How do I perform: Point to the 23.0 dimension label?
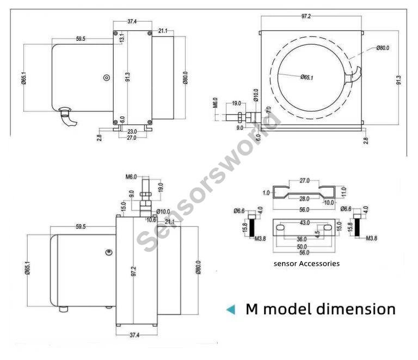click(131, 131)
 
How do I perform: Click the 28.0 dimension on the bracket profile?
click(304, 199)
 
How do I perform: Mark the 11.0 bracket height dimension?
click(343, 191)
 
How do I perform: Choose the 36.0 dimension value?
click(302, 239)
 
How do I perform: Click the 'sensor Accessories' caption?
click(306, 263)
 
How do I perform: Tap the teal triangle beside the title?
click(231, 309)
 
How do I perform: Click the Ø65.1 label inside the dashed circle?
click(306, 77)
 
